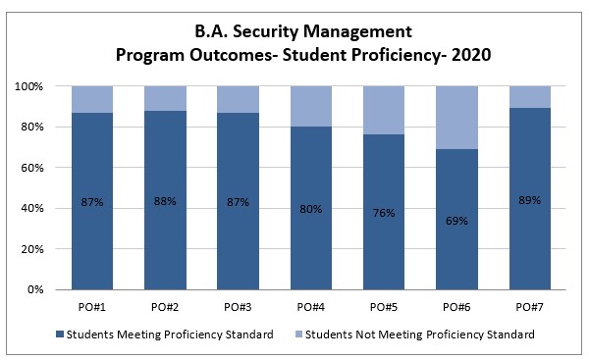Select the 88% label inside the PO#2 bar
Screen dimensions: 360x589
coord(165,202)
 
